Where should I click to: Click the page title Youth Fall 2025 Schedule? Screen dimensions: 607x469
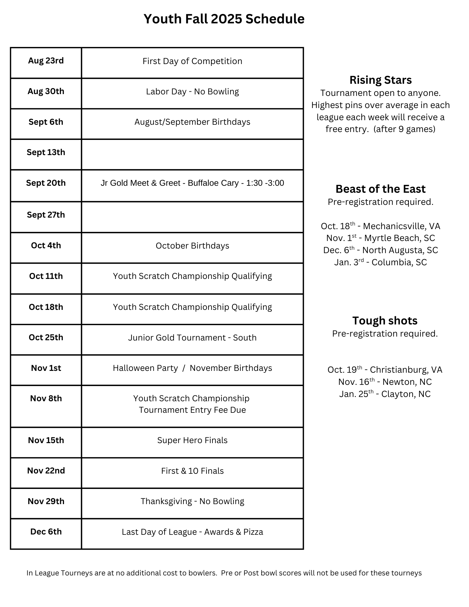(224, 19)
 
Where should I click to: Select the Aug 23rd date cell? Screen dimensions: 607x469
(46, 61)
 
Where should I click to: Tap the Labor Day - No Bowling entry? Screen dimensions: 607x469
(192, 92)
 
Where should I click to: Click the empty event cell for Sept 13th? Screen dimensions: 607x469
(192, 154)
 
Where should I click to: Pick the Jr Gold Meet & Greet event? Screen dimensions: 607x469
(192, 183)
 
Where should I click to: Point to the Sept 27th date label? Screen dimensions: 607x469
(46, 215)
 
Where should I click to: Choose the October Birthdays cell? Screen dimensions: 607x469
(192, 246)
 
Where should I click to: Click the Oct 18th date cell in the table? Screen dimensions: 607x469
(46, 307)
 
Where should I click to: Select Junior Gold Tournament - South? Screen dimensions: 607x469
(192, 337)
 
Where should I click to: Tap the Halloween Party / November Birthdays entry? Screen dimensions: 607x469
(192, 368)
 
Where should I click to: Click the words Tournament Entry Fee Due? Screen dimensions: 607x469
(192, 410)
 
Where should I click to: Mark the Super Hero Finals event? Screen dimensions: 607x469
(192, 440)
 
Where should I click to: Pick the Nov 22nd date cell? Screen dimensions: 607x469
(46, 471)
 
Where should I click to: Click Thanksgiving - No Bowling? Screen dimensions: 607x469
(192, 501)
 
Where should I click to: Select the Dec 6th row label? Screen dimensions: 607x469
(46, 532)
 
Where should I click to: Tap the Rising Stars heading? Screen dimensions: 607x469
(380, 80)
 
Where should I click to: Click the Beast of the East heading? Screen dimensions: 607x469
(380, 189)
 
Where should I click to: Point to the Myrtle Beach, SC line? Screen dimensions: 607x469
(380, 238)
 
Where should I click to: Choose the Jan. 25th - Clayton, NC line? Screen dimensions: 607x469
(385, 394)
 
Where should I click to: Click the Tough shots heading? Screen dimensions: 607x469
(385, 321)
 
